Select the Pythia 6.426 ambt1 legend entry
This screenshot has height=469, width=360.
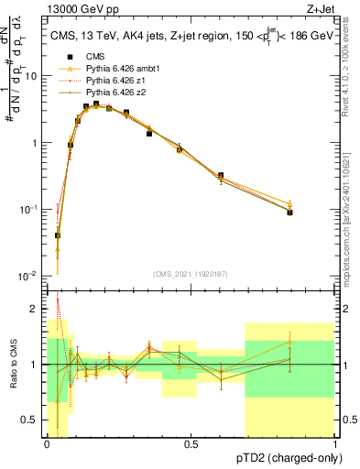point(121,69)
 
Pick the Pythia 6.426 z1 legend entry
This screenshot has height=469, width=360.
point(116,81)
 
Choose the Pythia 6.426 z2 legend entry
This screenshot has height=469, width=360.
point(116,93)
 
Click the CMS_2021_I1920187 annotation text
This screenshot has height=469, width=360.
point(191,273)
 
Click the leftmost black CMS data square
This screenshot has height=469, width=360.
point(58,235)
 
